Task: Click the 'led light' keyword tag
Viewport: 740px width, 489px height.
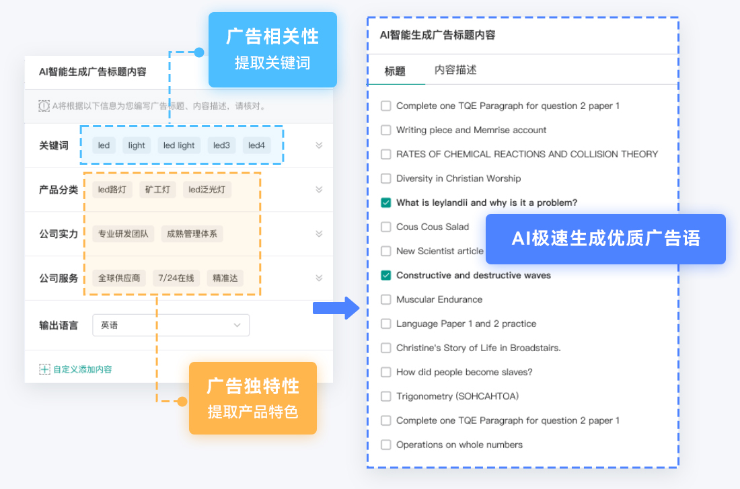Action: [179, 145]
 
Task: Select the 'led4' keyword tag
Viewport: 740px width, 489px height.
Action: [256, 145]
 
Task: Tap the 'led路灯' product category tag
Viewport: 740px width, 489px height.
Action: [112, 190]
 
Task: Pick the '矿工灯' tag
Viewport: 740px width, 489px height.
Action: [157, 190]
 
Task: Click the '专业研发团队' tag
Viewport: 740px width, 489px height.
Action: [123, 233]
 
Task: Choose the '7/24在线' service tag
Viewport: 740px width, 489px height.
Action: [176, 278]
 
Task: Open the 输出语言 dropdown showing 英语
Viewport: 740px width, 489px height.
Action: [171, 325]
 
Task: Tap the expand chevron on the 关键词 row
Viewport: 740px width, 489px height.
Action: [319, 145]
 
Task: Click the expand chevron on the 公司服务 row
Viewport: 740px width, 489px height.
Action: [319, 278]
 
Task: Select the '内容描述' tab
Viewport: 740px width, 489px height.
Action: [455, 70]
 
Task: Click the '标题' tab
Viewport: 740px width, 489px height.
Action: [395, 71]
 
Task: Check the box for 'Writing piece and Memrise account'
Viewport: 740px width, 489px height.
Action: [386, 130]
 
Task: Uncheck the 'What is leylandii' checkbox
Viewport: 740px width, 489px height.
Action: [386, 202]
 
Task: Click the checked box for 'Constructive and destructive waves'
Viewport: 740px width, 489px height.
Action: [386, 275]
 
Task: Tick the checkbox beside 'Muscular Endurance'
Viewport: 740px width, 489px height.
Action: [386, 299]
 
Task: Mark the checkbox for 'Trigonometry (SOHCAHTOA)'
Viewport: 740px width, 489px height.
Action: [386, 396]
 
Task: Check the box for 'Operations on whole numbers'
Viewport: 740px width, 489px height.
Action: [386, 445]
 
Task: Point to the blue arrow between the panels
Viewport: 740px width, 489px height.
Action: [336, 308]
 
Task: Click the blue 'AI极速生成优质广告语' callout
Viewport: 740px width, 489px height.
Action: [605, 239]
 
